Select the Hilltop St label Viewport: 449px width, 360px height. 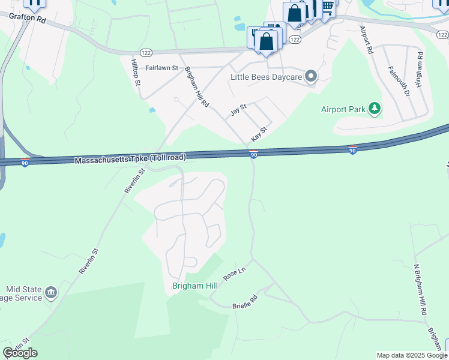[x=136, y=71]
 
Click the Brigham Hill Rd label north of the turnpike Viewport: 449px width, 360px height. [x=196, y=87]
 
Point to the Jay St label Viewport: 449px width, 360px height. [x=239, y=110]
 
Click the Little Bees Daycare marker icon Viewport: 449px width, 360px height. [x=311, y=76]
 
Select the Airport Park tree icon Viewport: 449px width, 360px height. [x=375, y=109]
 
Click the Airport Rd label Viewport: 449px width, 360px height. [x=367, y=40]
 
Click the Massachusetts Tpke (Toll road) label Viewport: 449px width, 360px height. [x=130, y=158]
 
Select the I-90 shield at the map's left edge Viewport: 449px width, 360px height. [x=25, y=163]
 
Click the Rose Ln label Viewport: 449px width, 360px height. [x=234, y=274]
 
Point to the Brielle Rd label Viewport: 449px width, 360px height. [x=245, y=302]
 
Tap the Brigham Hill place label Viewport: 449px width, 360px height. [x=194, y=286]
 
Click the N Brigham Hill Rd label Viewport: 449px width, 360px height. [x=421, y=289]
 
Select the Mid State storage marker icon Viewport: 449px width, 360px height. [x=51, y=293]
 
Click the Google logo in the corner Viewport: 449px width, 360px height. [x=20, y=353]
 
